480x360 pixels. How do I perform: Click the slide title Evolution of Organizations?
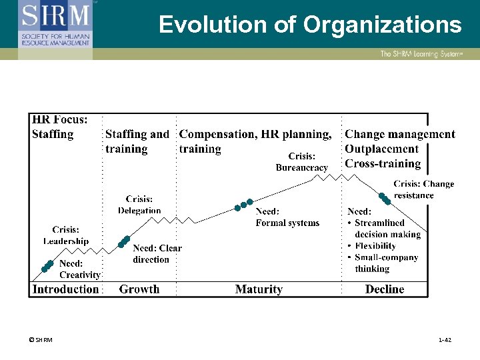(310, 25)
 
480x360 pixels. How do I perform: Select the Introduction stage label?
(65, 289)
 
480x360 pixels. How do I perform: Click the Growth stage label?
(139, 289)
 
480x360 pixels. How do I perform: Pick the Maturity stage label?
(259, 289)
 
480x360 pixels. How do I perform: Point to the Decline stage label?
(385, 289)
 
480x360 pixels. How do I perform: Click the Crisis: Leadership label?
(65, 235)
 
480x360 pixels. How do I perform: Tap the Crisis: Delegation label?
(139, 205)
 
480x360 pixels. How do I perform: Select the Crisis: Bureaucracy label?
(302, 162)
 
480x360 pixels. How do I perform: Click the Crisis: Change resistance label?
(423, 189)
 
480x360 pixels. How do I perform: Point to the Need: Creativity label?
(80, 269)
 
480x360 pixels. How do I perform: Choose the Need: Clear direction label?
(157, 254)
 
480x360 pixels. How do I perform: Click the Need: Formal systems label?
(287, 217)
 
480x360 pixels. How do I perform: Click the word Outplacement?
(381, 149)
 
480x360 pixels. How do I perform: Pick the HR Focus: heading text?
(59, 120)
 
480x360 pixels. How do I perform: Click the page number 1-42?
(445, 340)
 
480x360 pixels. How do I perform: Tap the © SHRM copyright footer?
(41, 340)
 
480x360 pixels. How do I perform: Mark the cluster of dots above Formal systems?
(243, 204)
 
